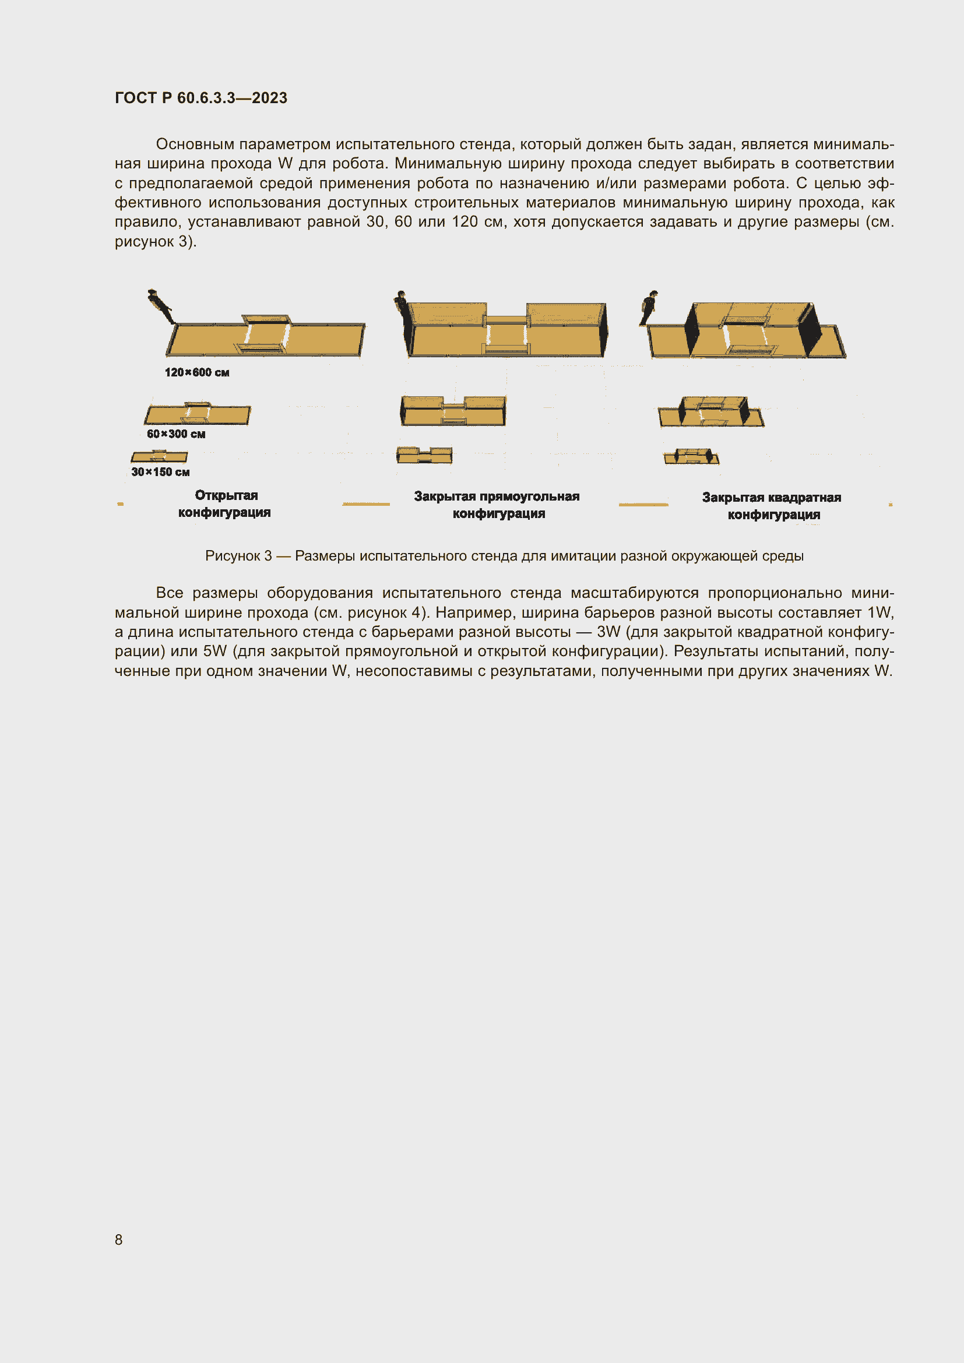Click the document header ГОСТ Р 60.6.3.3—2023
[200, 98]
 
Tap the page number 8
[119, 1239]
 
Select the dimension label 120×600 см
[197, 372]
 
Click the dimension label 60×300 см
[176, 434]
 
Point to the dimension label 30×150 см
[160, 472]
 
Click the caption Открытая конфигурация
[225, 503]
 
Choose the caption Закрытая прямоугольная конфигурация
[497, 505]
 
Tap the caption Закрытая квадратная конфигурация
[772, 506]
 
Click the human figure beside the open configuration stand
[159, 305]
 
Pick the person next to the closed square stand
[649, 307]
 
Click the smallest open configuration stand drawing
[159, 456]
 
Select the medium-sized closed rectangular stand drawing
[453, 411]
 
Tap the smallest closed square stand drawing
[692, 456]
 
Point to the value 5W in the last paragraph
[215, 651]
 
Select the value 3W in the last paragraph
[608, 632]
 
